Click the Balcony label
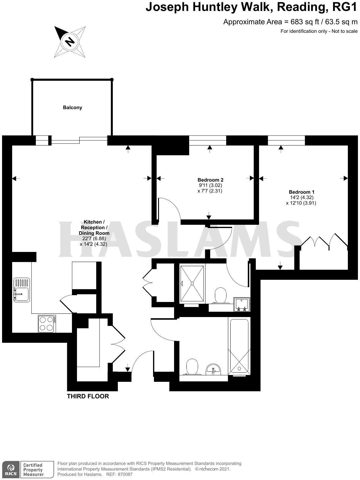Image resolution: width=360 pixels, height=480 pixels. click(x=73, y=107)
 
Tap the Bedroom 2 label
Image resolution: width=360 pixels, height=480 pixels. click(x=210, y=180)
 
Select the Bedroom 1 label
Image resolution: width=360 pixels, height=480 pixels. click(x=301, y=192)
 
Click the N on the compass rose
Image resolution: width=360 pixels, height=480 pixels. click(x=70, y=41)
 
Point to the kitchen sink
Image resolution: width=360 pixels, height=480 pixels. click(x=22, y=290)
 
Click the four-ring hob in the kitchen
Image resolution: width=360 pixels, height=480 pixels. click(x=47, y=324)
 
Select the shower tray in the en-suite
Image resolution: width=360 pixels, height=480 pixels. click(x=192, y=283)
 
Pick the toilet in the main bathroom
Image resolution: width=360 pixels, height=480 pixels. click(x=192, y=367)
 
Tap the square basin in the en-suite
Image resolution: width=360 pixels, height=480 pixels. click(x=242, y=304)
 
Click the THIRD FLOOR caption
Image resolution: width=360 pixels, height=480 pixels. click(x=88, y=396)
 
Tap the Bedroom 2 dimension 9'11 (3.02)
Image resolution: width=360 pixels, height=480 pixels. click(x=210, y=185)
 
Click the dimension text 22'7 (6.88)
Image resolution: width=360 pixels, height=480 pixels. click(x=94, y=239)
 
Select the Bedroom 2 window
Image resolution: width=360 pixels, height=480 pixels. click(x=208, y=140)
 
